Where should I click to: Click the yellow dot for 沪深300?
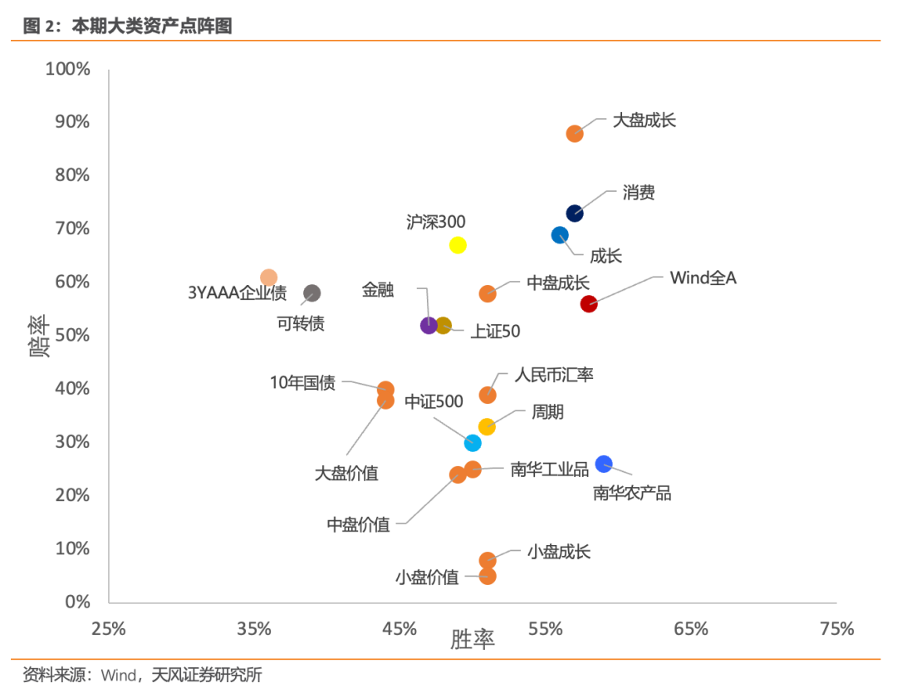pyautogui.click(x=458, y=245)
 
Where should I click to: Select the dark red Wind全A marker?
pyautogui.click(x=589, y=304)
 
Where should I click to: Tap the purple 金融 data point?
pyautogui.click(x=429, y=326)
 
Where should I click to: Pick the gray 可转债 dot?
pyautogui.click(x=312, y=293)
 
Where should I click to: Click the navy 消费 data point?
pyautogui.click(x=575, y=214)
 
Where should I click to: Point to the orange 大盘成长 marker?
pyautogui.click(x=575, y=134)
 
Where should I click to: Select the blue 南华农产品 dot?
pyautogui.click(x=604, y=464)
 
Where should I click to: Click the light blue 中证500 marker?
pyautogui.click(x=473, y=443)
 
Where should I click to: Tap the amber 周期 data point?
pyautogui.click(x=487, y=427)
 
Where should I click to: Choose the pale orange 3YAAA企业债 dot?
pyautogui.click(x=268, y=278)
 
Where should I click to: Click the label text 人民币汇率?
pyautogui.click(x=554, y=375)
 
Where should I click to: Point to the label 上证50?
pyautogui.click(x=495, y=332)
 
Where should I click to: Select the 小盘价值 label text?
pyautogui.click(x=427, y=577)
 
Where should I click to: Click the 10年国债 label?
pyautogui.click(x=302, y=383)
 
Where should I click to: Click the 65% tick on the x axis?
pyautogui.click(x=691, y=629)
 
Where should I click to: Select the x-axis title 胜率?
pyautogui.click(x=473, y=640)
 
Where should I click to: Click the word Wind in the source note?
pyautogui.click(x=118, y=675)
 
